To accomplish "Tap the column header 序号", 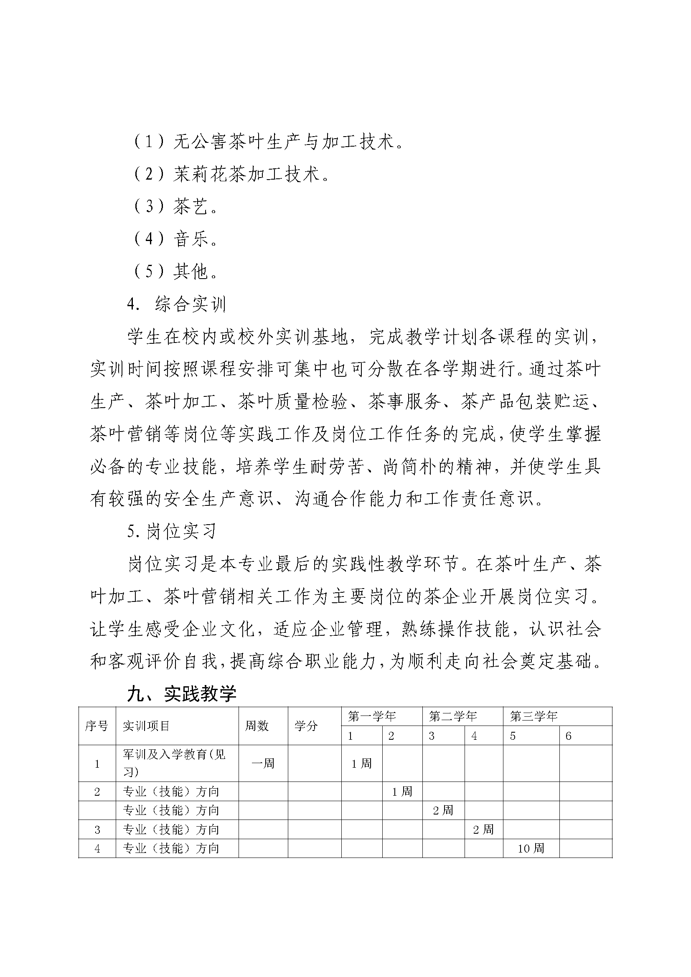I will coord(97,726).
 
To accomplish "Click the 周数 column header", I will coord(257,726).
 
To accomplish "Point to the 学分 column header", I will coord(306,726).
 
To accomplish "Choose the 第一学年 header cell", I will coord(371,717).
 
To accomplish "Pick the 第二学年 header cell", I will coord(453,717).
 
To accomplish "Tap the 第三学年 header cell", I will coord(533,717).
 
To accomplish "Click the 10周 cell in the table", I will coord(531,848).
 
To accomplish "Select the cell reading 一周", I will coord(263,764).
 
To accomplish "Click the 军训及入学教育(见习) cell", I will coord(174,763).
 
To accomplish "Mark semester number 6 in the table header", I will coord(569,736).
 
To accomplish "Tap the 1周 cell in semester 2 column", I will coord(401,792).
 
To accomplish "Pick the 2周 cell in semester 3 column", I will coord(443,811).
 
